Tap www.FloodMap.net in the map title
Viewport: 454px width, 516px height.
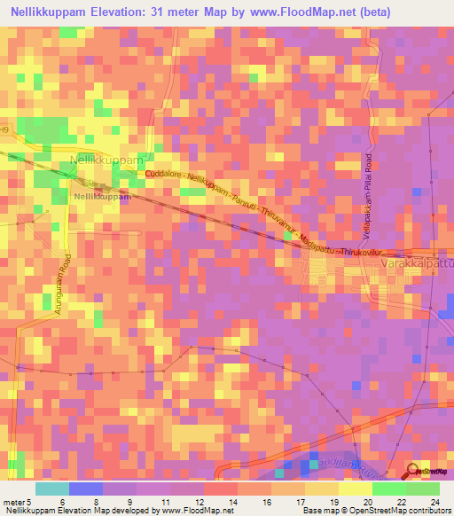(x=301, y=12)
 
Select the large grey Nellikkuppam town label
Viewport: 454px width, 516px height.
(x=105, y=160)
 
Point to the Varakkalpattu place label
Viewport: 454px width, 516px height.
(x=416, y=264)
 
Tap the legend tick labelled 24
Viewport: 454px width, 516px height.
(x=434, y=501)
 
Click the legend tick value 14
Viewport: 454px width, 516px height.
(x=232, y=501)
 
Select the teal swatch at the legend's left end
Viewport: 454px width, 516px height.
(x=51, y=489)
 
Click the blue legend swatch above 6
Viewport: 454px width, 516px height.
(x=85, y=489)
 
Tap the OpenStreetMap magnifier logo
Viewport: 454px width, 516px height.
(x=414, y=472)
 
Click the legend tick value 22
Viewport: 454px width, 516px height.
(x=401, y=501)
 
